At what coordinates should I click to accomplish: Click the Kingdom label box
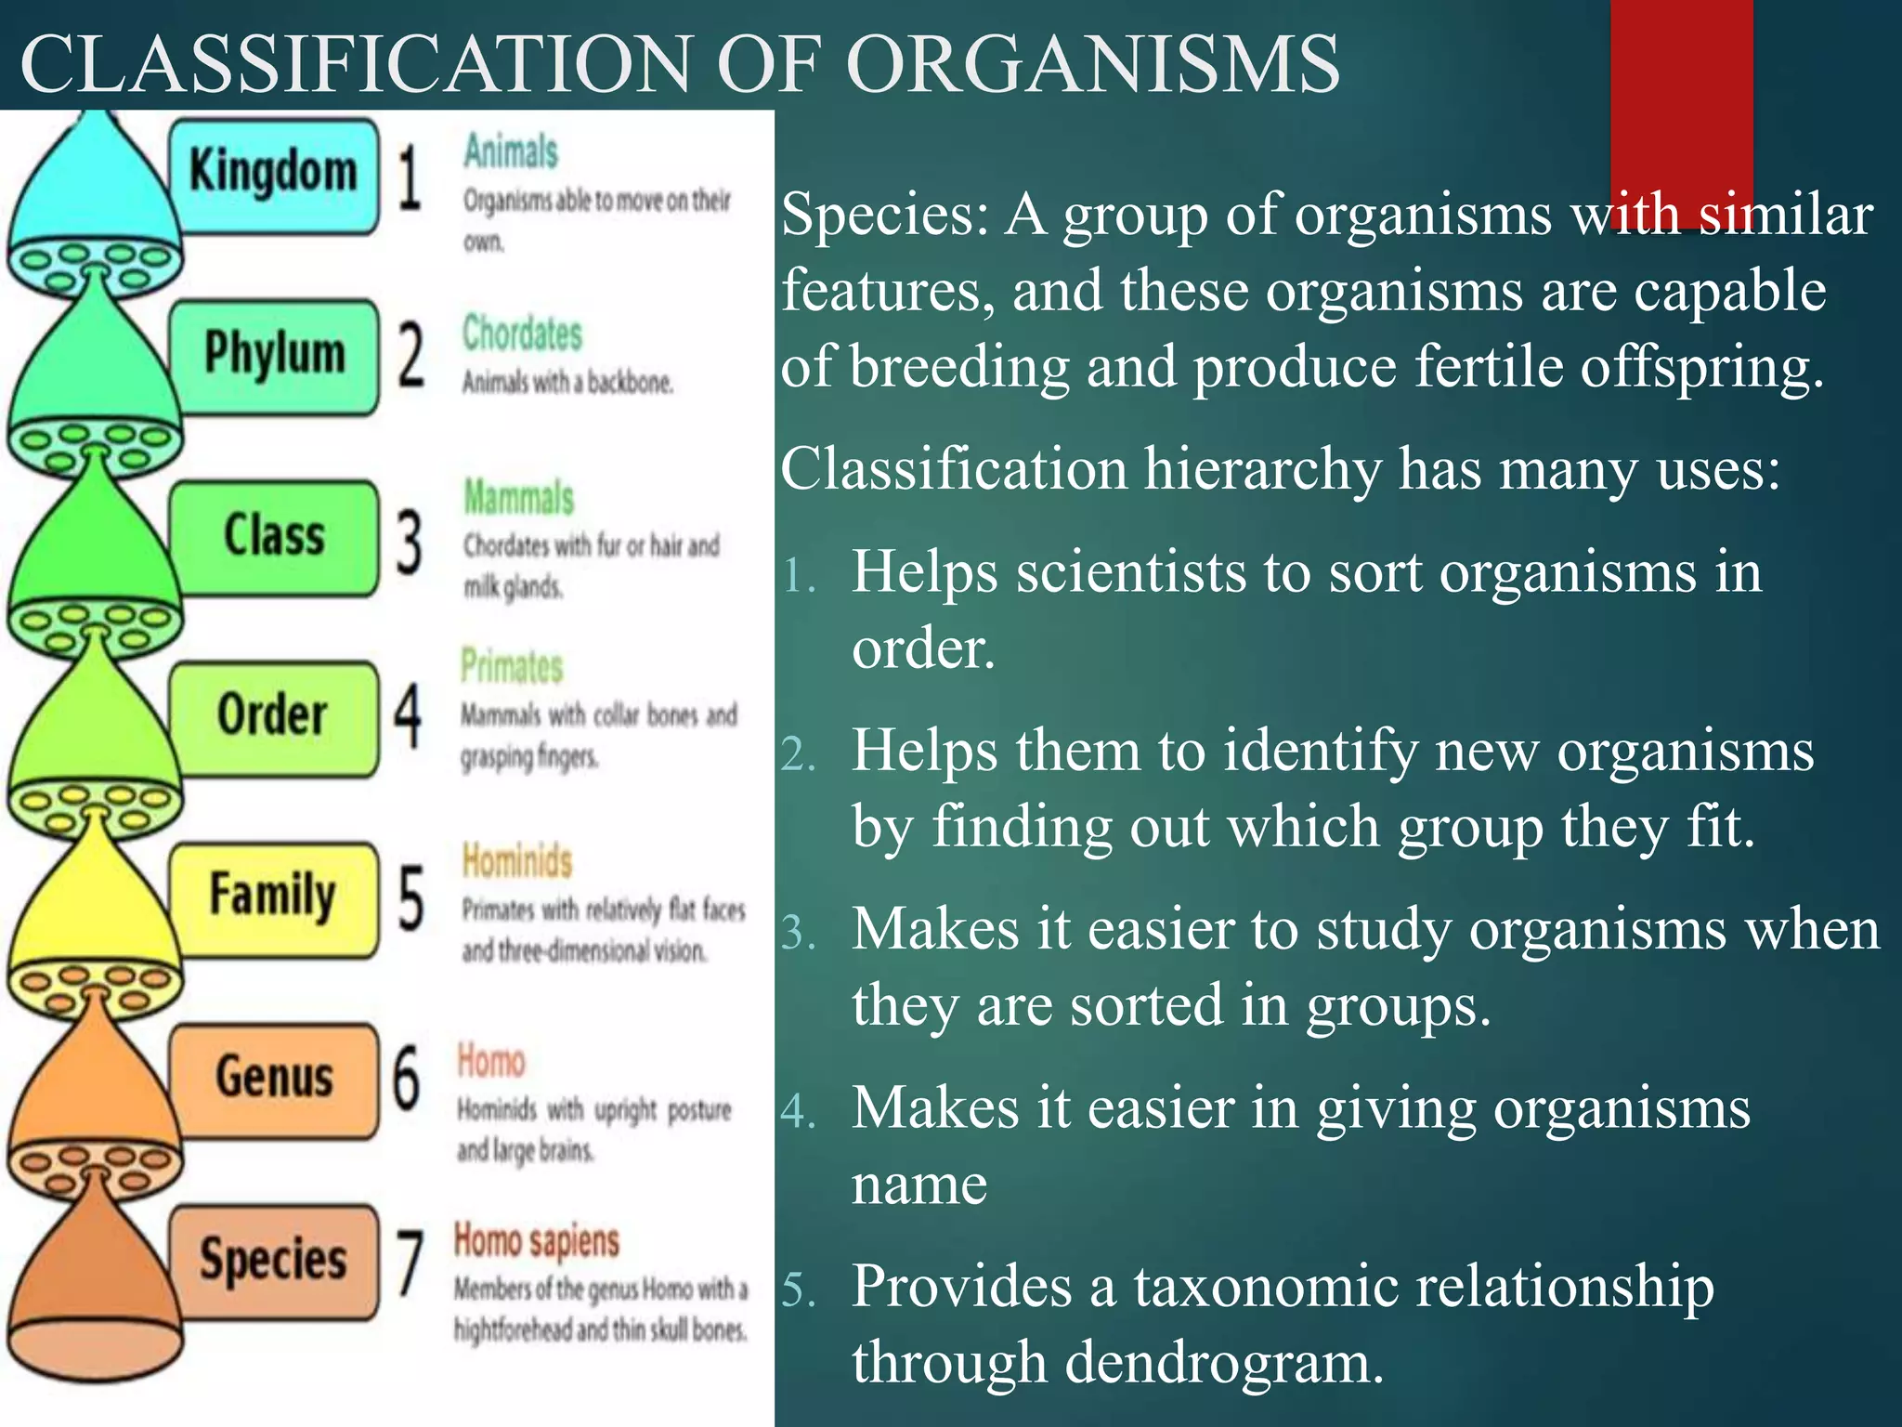274,174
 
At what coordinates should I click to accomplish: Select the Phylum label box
274,355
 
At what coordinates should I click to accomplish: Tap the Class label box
274,536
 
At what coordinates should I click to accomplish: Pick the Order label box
274,716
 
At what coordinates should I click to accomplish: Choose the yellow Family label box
274,897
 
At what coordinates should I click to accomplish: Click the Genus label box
274,1078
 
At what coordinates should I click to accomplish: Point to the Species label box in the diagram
274,1260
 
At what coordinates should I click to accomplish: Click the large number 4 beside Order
408,716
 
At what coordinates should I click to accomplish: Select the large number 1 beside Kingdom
410,178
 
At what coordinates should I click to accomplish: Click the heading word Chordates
522,334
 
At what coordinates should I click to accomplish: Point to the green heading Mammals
519,498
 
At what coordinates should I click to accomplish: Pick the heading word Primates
512,667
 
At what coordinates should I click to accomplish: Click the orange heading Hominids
517,860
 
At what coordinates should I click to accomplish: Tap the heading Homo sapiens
537,1241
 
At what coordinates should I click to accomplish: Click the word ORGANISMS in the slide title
1093,65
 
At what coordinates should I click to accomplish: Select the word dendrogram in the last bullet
1224,1363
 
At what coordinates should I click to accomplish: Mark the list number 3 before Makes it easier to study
797,933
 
